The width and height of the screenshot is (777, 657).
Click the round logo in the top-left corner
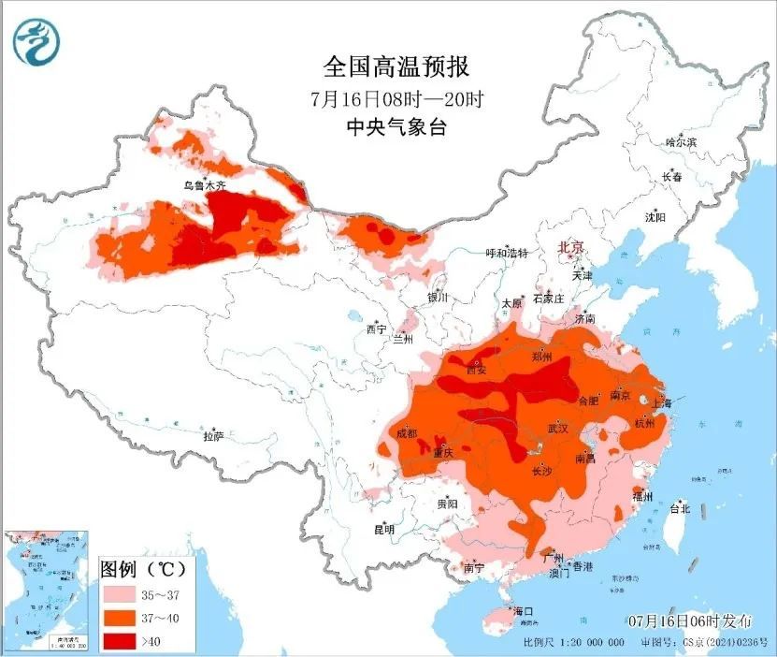(x=35, y=43)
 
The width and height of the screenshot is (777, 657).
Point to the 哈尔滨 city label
(x=680, y=142)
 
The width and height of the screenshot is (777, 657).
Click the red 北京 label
(x=570, y=248)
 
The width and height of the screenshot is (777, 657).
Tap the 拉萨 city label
(x=213, y=435)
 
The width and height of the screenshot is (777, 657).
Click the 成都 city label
(x=406, y=433)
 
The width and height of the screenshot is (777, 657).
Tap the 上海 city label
(x=662, y=402)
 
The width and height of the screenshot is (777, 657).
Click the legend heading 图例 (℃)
(x=142, y=568)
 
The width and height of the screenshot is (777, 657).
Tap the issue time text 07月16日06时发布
(x=689, y=620)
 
